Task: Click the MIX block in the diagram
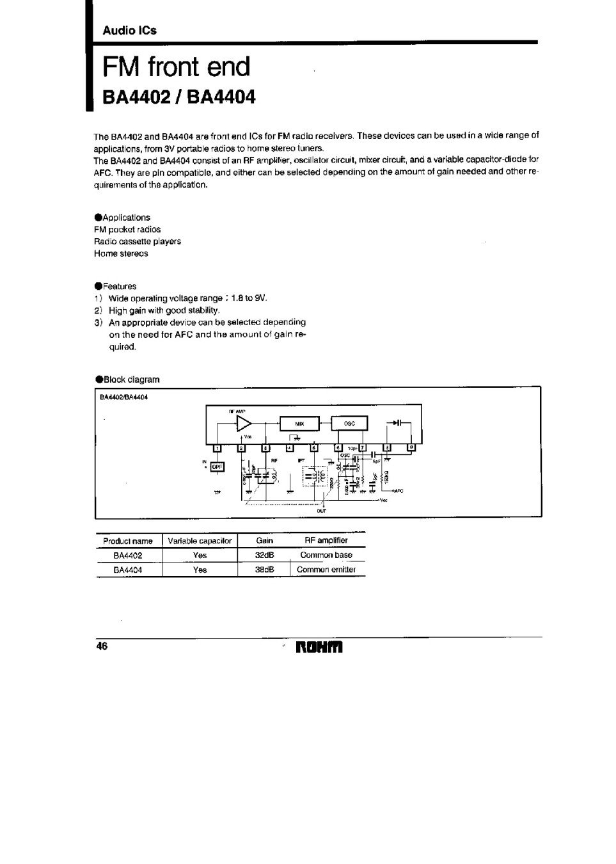point(299,424)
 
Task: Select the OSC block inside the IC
point(349,424)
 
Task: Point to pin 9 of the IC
point(411,447)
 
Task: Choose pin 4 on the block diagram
point(289,448)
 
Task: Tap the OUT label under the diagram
point(322,511)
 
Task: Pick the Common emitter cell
point(326,570)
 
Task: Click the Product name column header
point(128,541)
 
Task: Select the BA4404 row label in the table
point(128,570)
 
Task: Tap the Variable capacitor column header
point(200,541)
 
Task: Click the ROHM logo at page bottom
point(320,647)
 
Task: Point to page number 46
point(102,646)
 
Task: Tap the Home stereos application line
point(121,253)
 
